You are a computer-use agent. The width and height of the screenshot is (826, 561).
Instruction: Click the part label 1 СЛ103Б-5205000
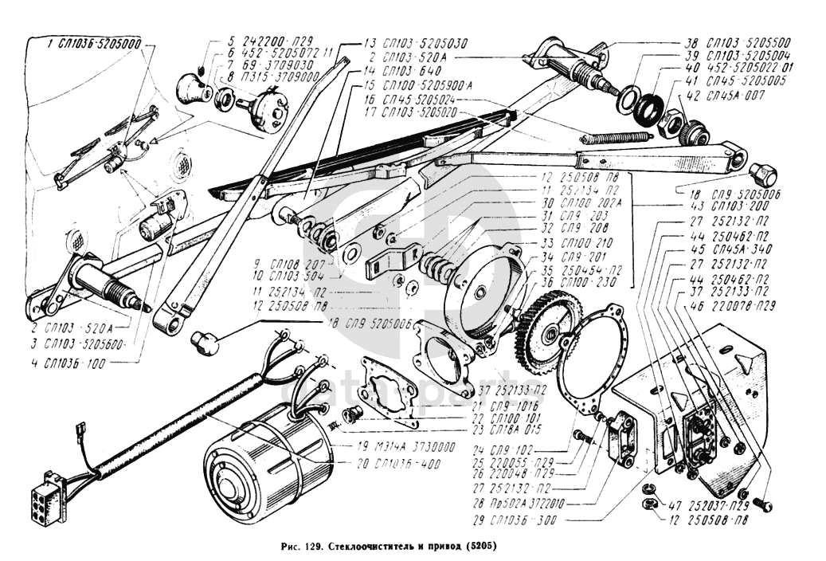(94, 45)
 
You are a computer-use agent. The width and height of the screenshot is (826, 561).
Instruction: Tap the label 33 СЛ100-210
(581, 242)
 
